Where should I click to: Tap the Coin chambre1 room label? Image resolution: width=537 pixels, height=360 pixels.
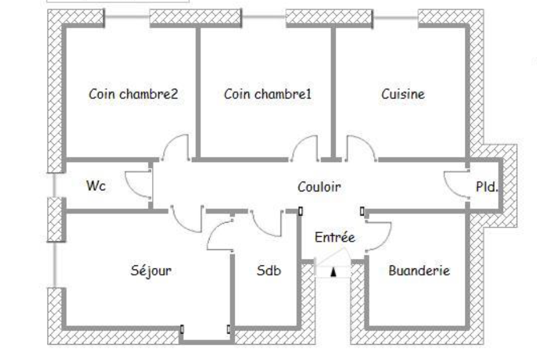point(268,94)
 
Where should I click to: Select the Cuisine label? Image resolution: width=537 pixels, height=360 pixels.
point(403,94)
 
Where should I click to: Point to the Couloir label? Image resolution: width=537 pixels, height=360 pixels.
point(319,187)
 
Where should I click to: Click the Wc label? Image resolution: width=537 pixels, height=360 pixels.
point(96,186)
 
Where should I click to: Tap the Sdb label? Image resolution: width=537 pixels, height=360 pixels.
point(269,271)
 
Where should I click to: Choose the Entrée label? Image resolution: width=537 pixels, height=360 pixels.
point(335,237)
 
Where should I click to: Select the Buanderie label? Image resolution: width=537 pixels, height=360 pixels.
point(419,271)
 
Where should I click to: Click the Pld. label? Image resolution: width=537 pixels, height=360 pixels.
point(487,187)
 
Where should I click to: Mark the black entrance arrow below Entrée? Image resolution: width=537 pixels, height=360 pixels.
point(333,271)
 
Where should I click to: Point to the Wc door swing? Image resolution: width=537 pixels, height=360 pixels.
point(139,186)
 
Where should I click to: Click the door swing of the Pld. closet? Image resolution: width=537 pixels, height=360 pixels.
point(455,186)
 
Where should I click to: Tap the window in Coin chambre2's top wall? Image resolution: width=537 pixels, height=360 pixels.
point(127,18)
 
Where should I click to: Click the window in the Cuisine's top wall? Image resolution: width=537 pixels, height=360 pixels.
point(396,18)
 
